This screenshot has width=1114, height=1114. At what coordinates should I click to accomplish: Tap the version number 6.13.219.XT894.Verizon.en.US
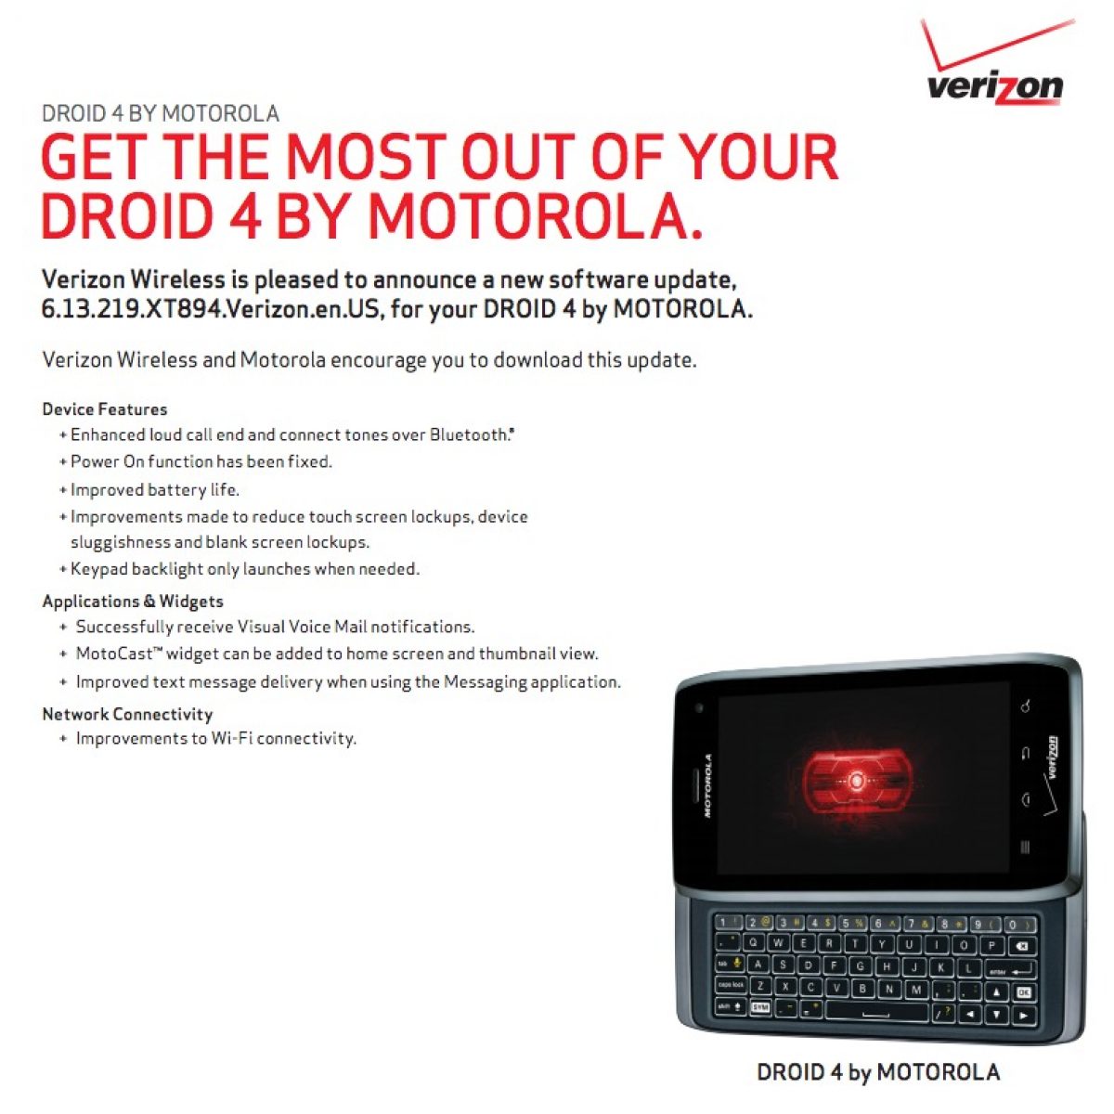[x=210, y=309]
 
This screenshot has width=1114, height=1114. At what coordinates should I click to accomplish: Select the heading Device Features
[x=105, y=409]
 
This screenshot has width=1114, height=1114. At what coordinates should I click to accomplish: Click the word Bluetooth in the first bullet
[x=469, y=434]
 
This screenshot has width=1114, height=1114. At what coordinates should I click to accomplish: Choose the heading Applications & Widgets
[x=133, y=602]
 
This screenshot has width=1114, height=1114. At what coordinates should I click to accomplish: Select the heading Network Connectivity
[x=128, y=714]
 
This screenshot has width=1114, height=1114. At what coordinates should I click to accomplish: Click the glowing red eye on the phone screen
[x=857, y=782]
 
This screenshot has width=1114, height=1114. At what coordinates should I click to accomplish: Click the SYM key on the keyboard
[x=760, y=1007]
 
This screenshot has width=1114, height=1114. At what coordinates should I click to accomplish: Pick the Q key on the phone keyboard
[x=753, y=942]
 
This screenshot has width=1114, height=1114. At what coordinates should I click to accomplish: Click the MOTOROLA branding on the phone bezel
[x=707, y=784]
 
